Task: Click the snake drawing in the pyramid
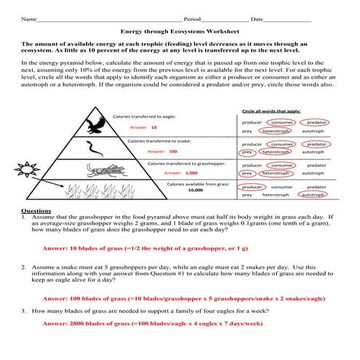[x=95, y=149]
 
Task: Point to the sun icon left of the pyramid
[x=28, y=170]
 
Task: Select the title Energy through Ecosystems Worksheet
[x=179, y=32]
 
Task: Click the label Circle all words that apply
[x=271, y=111]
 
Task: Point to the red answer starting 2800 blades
[x=151, y=323]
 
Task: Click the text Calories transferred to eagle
[x=143, y=117]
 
